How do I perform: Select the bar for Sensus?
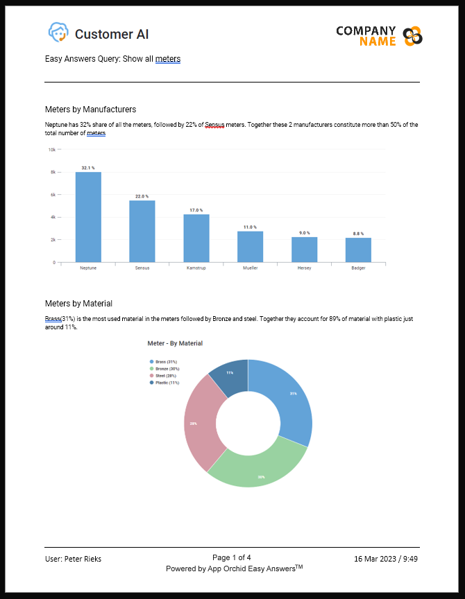pyautogui.click(x=142, y=232)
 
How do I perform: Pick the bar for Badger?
pyautogui.click(x=358, y=250)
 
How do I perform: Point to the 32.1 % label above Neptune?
pyautogui.click(x=88, y=168)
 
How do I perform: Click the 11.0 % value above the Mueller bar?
pyautogui.click(x=250, y=227)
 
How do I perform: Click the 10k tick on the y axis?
pyautogui.click(x=52, y=149)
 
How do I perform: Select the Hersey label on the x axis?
pyautogui.click(x=304, y=268)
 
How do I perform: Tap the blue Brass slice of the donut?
pyautogui.click(x=285, y=399)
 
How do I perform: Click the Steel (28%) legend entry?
pyautogui.click(x=164, y=376)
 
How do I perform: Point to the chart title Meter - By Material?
pyautogui.click(x=175, y=343)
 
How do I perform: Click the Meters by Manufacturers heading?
pyautogui.click(x=90, y=110)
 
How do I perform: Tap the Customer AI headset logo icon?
pyautogui.click(x=58, y=33)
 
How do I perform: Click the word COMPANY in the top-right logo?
pyautogui.click(x=366, y=31)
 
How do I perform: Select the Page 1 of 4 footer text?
pyautogui.click(x=232, y=557)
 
